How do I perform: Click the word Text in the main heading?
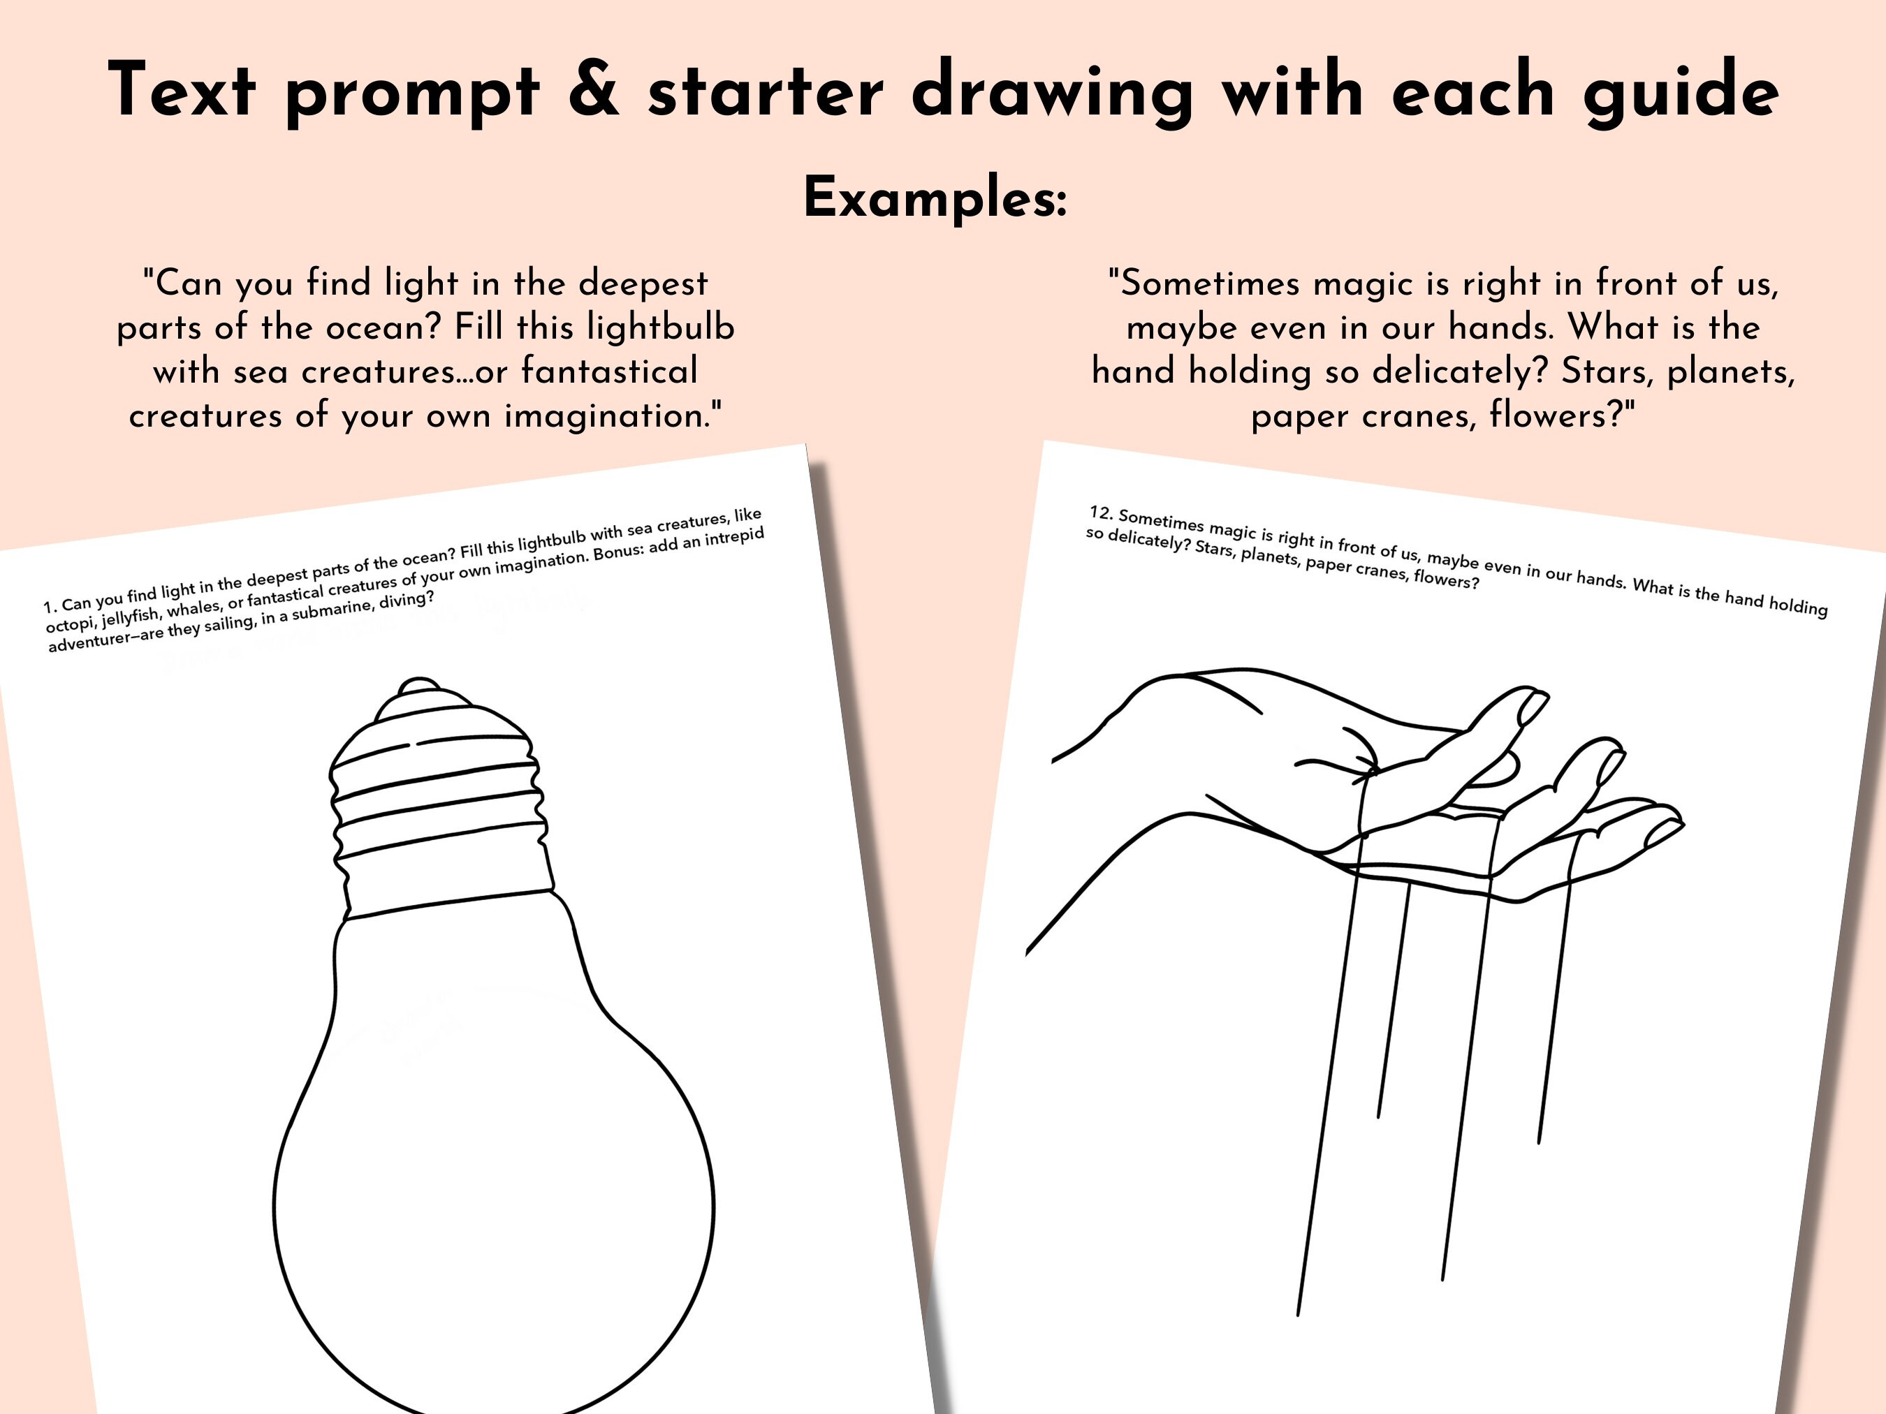tap(182, 90)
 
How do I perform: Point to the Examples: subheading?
tap(935, 198)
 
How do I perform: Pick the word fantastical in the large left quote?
tap(609, 371)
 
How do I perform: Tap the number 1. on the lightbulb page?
tap(50, 607)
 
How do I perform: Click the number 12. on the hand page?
tap(1102, 513)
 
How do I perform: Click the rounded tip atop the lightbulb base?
tap(418, 686)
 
